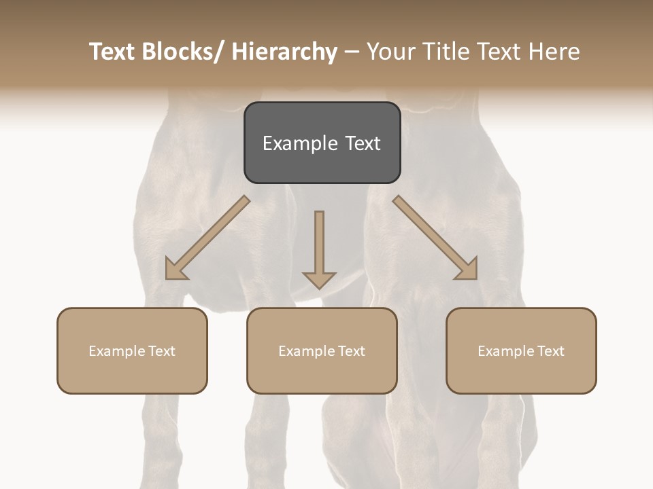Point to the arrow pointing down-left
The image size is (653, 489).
coord(207,238)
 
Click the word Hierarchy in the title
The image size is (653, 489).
coord(284,52)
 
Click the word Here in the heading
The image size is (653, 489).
coord(554,52)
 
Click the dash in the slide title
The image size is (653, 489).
coord(352,52)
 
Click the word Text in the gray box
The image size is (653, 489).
coord(362,143)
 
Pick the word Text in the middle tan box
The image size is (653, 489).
coord(351,351)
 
